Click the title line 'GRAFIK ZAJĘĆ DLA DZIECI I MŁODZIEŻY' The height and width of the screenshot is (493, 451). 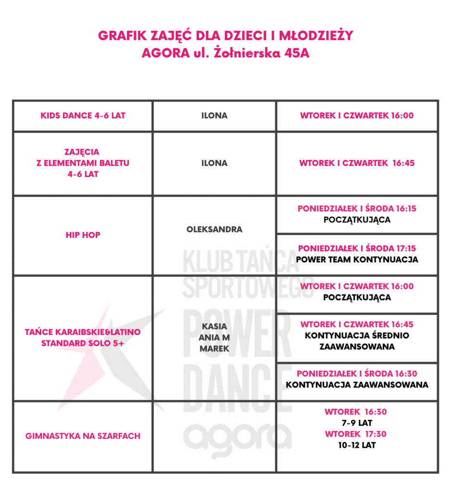click(225, 36)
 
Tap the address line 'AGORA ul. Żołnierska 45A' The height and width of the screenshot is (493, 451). click(225, 53)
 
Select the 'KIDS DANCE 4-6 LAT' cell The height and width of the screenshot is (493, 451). click(83, 116)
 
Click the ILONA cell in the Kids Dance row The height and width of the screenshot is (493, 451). click(214, 116)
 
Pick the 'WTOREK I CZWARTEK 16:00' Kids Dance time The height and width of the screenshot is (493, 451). click(357, 116)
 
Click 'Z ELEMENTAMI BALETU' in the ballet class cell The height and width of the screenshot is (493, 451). click(83, 163)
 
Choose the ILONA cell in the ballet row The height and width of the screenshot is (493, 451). click(214, 163)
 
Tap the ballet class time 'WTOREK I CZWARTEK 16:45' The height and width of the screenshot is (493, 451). click(357, 163)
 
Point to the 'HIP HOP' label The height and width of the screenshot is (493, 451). click(83, 235)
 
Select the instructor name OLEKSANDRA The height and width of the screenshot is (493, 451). click(214, 230)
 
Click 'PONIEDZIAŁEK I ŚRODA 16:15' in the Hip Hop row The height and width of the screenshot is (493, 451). click(357, 209)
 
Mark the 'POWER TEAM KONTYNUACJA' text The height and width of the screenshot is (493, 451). click(357, 259)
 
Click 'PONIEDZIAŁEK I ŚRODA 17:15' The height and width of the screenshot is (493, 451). click(357, 248)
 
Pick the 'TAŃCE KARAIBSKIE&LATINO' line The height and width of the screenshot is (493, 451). click(83, 332)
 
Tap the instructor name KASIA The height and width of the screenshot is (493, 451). click(214, 326)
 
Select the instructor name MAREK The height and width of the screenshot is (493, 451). click(214, 349)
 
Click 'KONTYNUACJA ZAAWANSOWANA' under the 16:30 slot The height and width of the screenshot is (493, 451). click(357, 385)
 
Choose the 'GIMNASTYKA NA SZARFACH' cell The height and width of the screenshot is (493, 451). click(83, 436)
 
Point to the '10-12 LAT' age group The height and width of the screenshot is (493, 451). click(357, 445)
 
